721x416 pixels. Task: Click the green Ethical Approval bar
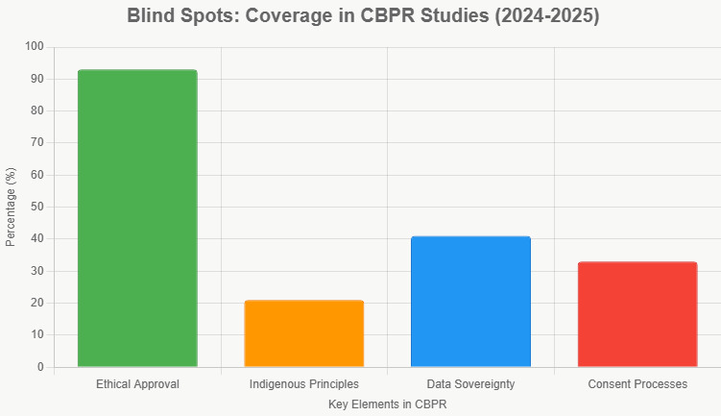coord(137,218)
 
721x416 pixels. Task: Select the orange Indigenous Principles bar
coord(304,333)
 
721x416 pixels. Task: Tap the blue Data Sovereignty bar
coord(470,302)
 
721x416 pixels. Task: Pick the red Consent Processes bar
coord(637,314)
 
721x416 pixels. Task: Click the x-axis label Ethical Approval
coord(137,384)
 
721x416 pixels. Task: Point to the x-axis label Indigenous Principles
coord(304,384)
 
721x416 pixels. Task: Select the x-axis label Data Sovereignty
coord(470,384)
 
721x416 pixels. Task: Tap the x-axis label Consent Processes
coord(637,384)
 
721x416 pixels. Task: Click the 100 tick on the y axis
coord(35,47)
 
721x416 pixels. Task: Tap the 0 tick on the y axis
coord(40,367)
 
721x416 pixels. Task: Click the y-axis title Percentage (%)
coord(11,207)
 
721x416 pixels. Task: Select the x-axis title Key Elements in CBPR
coord(387,404)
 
